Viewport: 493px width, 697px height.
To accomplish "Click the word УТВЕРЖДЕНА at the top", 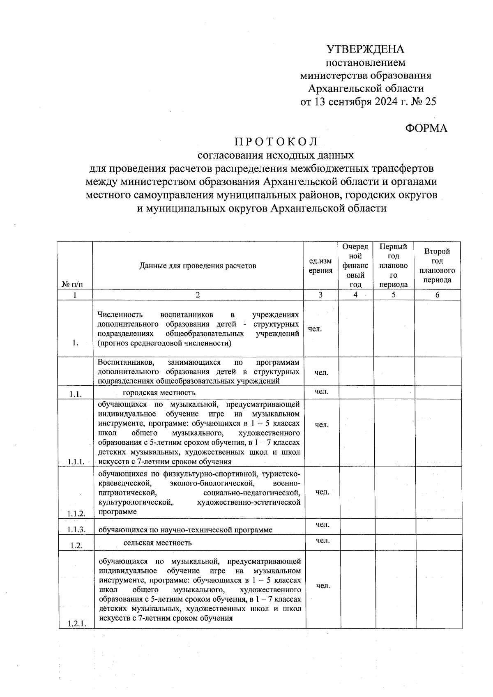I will tap(366, 49).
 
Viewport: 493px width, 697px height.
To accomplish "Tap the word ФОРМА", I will tap(426, 128).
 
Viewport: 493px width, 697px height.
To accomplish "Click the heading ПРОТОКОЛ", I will tap(276, 142).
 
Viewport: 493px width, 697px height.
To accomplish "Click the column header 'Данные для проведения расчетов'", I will tap(198, 266).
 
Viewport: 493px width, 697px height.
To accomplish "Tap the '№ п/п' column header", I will tap(72, 284).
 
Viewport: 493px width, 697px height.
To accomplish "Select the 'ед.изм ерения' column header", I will tap(320, 266).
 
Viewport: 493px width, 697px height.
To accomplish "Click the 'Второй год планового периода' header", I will tap(437, 266).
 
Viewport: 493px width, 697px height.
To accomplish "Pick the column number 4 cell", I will tap(355, 295).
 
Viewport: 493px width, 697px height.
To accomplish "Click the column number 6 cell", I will tap(437, 295).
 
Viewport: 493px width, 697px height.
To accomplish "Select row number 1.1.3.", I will tap(76, 529).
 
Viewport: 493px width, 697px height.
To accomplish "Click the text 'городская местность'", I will tap(159, 393).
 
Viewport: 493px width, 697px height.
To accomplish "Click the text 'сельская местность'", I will tap(157, 543).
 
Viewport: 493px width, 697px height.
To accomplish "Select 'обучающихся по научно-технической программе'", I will tap(185, 530).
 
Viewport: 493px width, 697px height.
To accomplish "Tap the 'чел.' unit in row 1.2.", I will tap(323, 541).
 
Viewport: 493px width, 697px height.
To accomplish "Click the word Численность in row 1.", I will tap(120, 315).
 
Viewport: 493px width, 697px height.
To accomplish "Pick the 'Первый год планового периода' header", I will tap(393, 266).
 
